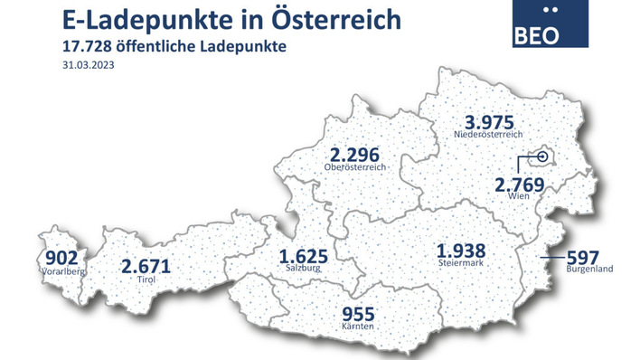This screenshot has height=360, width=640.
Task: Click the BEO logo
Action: point(549,24)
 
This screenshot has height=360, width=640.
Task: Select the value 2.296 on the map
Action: point(359,155)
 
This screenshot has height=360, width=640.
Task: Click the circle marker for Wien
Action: point(542,157)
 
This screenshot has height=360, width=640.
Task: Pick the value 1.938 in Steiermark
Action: point(461,251)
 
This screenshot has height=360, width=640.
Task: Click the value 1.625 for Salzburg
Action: point(304,255)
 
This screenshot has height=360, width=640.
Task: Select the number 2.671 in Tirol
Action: point(146,267)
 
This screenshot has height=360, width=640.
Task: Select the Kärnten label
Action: point(357,327)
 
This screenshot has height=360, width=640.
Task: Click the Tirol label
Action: point(146,280)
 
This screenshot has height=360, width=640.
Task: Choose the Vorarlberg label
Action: point(61,270)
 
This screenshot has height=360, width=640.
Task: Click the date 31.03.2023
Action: point(89,65)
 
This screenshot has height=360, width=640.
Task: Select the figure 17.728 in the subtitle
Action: point(87,46)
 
